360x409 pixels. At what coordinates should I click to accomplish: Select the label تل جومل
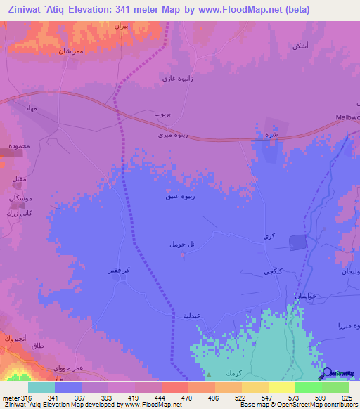pyautogui.click(x=181, y=244)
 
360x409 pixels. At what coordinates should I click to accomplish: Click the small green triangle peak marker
pyautogui.click(x=208, y=375)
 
